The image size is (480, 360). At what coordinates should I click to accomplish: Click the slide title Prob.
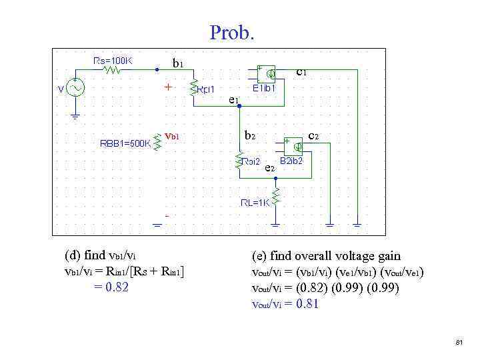tap(232, 32)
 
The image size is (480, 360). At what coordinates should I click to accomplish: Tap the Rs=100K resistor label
tap(113, 61)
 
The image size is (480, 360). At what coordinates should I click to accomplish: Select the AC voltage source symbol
tap(75, 89)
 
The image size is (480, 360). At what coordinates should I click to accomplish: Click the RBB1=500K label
tap(125, 142)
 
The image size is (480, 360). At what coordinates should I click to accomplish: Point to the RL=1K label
tap(255, 203)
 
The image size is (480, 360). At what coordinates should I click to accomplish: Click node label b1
tap(178, 64)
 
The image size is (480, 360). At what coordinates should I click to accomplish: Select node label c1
tap(301, 71)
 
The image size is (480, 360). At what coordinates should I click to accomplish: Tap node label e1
tap(233, 100)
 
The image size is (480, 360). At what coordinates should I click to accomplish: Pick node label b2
tap(250, 135)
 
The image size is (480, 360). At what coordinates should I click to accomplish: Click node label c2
tap(313, 136)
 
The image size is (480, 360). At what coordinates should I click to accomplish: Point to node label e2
tap(271, 168)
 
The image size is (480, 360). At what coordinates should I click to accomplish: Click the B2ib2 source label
tap(291, 161)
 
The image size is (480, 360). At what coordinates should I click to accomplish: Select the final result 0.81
tap(307, 304)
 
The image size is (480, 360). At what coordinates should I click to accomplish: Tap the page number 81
tap(459, 342)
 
